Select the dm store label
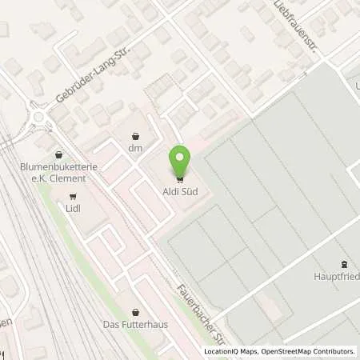134,148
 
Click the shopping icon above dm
134,136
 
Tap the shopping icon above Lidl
74,196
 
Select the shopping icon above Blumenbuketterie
57,155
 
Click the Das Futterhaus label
134,324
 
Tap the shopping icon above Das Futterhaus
134,312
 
